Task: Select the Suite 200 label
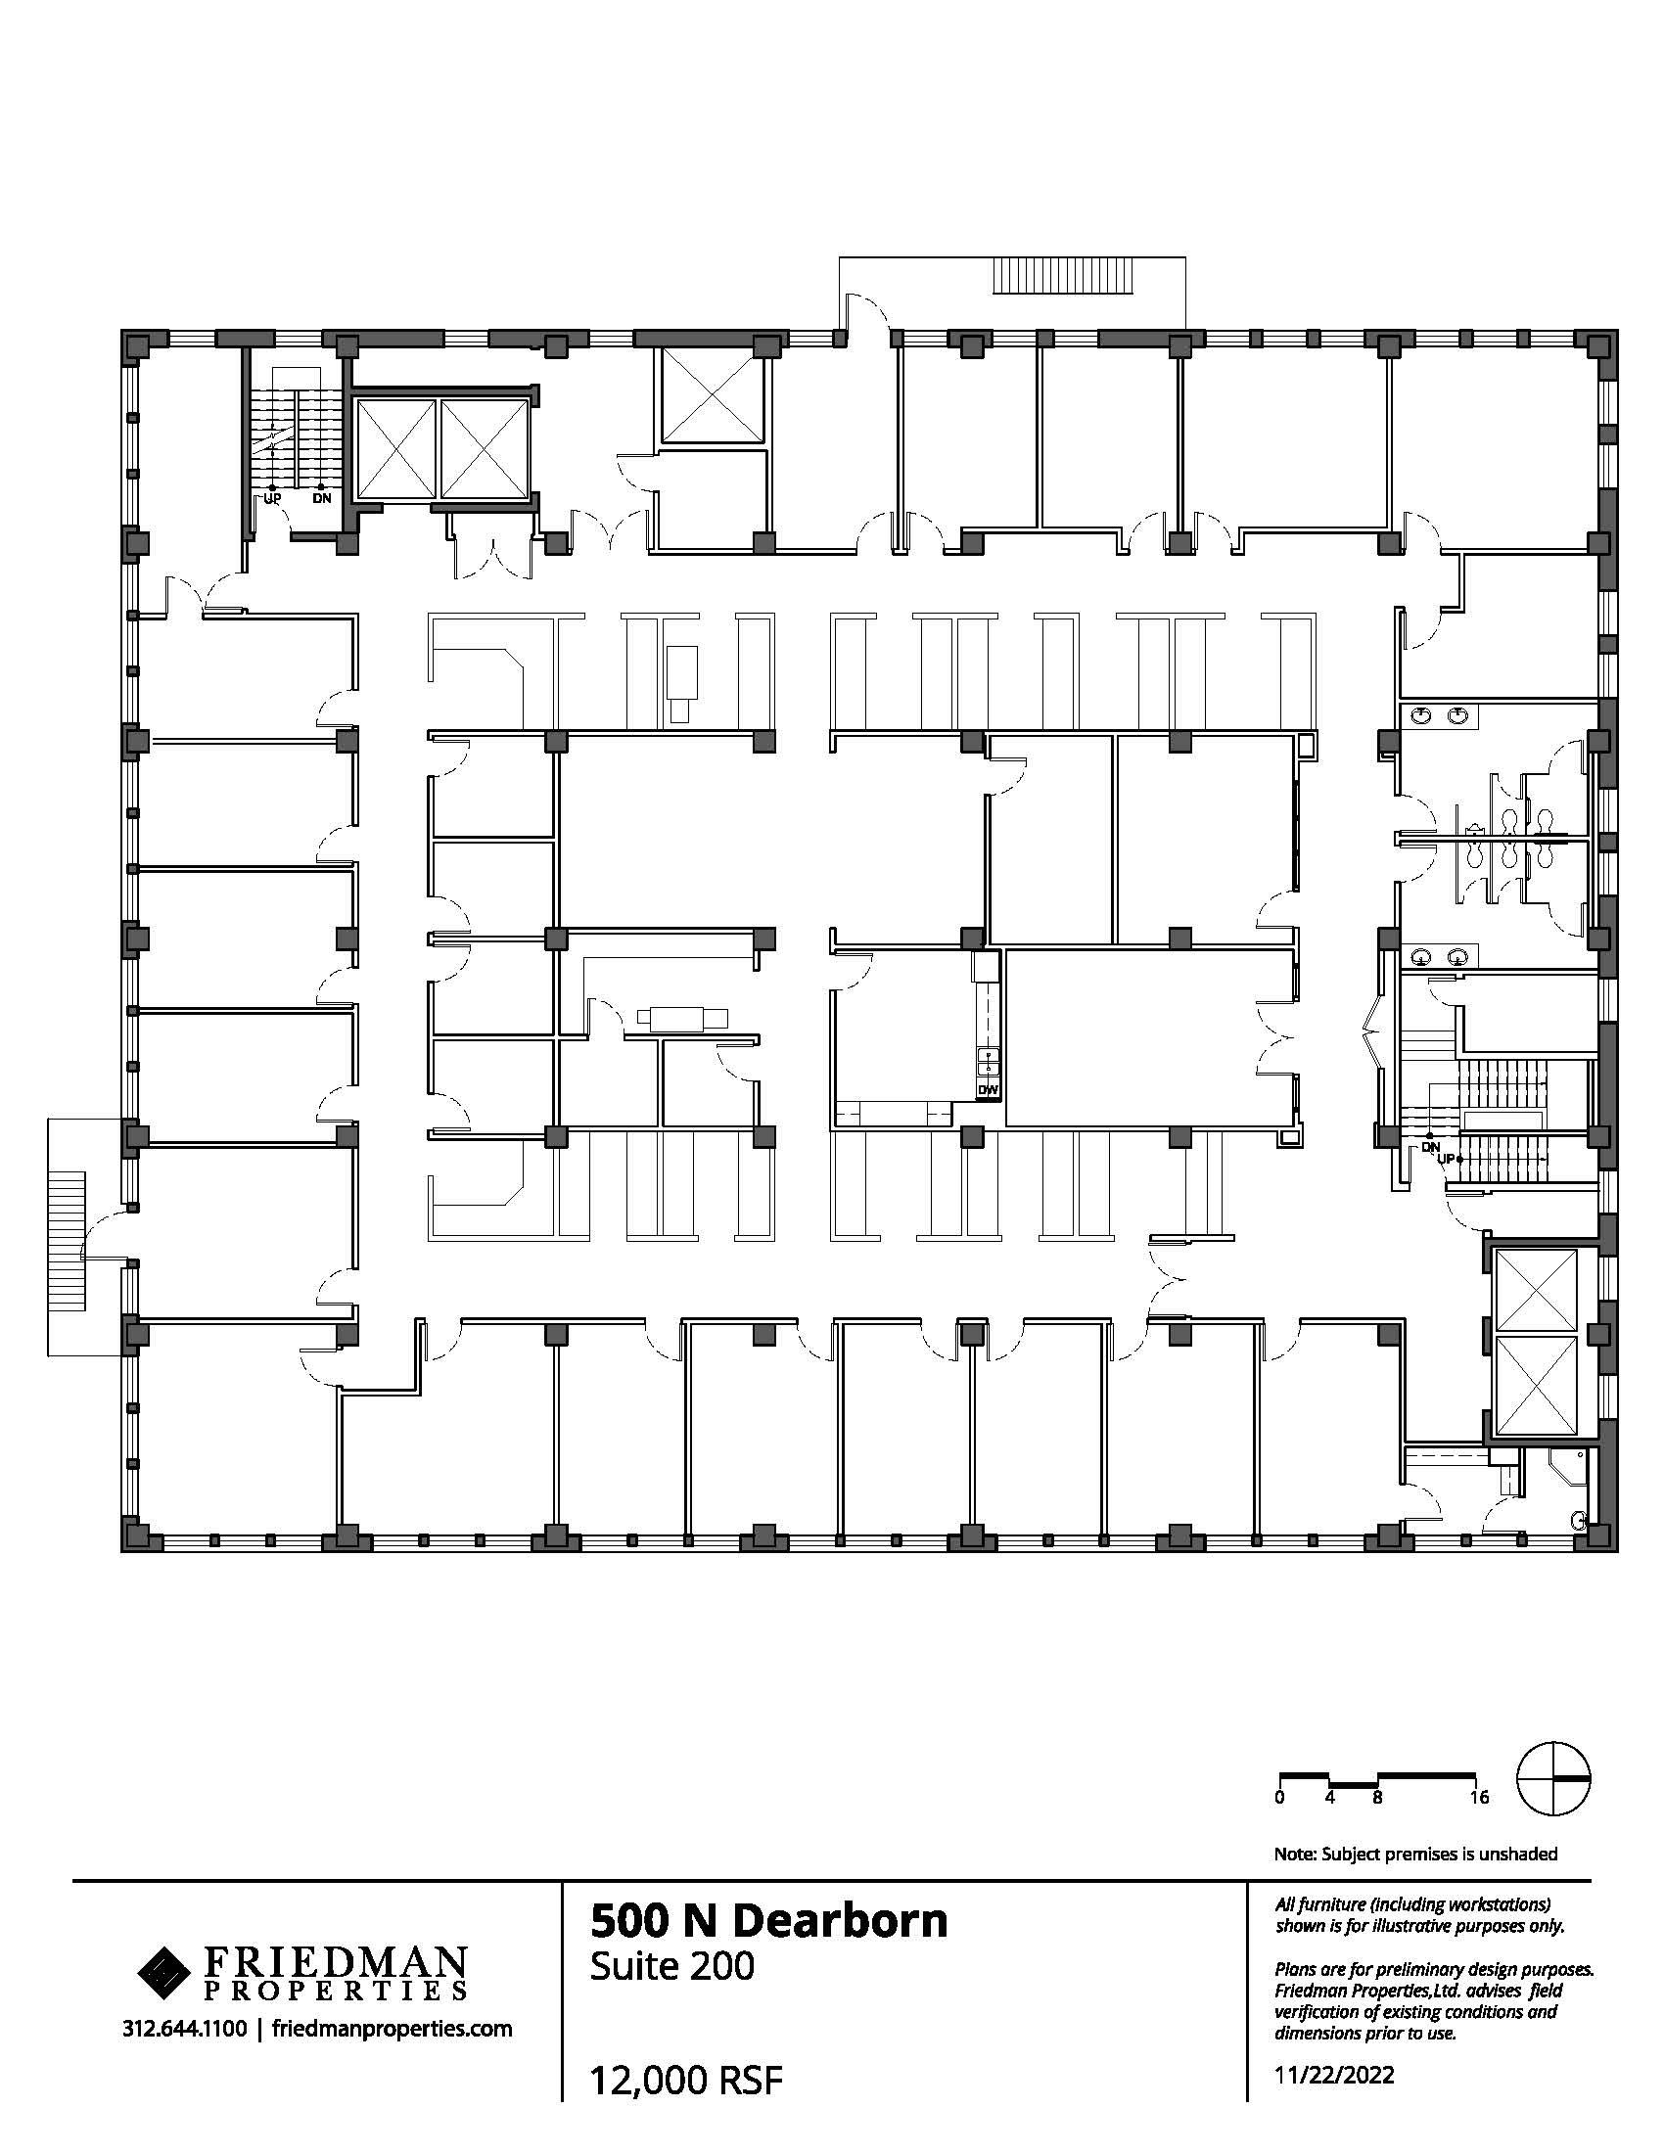[672, 1966]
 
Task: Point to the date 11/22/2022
[1335, 2074]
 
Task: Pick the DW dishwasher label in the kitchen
[987, 1089]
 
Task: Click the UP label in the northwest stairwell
[272, 498]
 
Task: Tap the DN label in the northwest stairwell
[322, 498]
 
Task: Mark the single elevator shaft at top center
[711, 395]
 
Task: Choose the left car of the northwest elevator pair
[394, 448]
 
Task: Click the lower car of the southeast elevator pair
[1537, 1384]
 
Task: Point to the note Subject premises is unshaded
[1415, 1854]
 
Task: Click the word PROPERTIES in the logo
[335, 1992]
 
